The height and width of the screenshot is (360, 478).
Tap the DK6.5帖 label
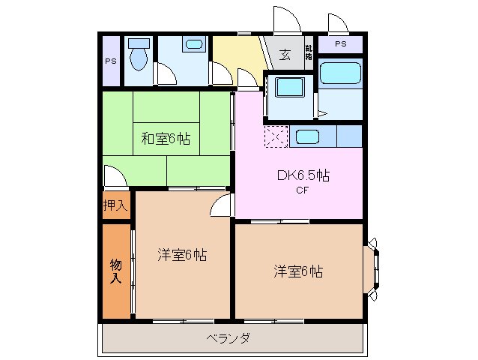point(303,176)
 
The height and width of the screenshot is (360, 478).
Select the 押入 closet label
point(115,205)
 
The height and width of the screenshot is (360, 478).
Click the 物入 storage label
point(115,271)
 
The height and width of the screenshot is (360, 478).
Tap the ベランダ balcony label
point(229,337)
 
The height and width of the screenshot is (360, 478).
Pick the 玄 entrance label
point(285,55)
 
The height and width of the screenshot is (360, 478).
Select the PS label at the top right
point(341,44)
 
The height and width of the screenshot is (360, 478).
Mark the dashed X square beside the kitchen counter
point(276,137)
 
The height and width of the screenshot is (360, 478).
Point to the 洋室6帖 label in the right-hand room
point(297,271)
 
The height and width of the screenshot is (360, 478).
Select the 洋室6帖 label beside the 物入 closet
point(182,255)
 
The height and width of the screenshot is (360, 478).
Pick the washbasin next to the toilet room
point(193,46)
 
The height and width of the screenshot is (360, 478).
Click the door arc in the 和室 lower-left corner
point(114,177)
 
